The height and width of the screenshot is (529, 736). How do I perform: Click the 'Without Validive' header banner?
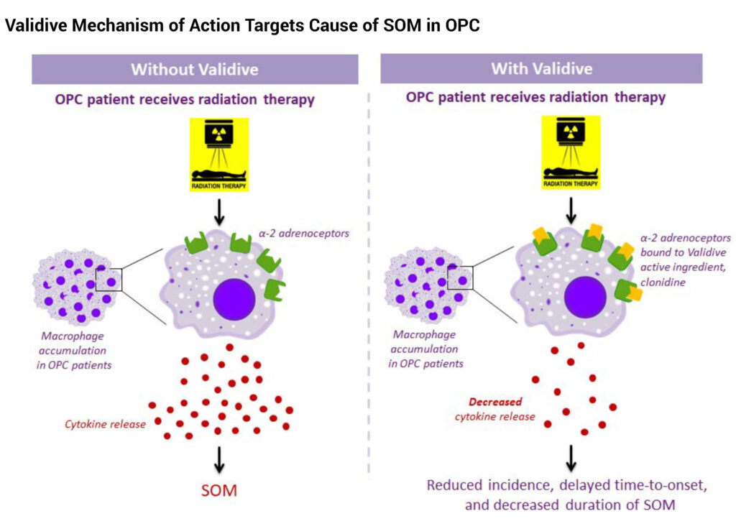pos(195,70)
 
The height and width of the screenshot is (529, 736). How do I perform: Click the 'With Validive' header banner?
pos(541,68)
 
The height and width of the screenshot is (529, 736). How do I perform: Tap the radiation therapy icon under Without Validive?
pos(218,155)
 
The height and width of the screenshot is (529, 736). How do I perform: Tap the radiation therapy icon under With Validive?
pos(571,152)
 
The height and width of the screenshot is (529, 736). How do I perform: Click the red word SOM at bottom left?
pos(219,490)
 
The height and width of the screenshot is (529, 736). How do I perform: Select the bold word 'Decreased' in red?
pos(495,402)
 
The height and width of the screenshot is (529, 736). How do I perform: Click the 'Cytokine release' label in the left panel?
pos(105,424)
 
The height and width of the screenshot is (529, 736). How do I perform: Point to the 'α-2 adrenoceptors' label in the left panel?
pos(304,234)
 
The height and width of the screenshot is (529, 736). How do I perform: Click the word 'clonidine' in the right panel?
pos(663,282)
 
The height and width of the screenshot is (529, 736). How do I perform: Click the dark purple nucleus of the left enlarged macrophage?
pos(234,300)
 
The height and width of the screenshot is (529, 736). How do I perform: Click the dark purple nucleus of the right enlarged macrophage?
pos(585,297)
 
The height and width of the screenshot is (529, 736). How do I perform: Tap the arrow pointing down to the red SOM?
pos(219,459)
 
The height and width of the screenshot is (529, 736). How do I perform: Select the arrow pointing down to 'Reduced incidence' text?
pos(571,458)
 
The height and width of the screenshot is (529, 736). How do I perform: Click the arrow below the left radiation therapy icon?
pos(219,213)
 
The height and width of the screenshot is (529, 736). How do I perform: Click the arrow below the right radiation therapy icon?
pos(571,211)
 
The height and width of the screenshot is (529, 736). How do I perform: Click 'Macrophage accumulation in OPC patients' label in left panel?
pos(73,350)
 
